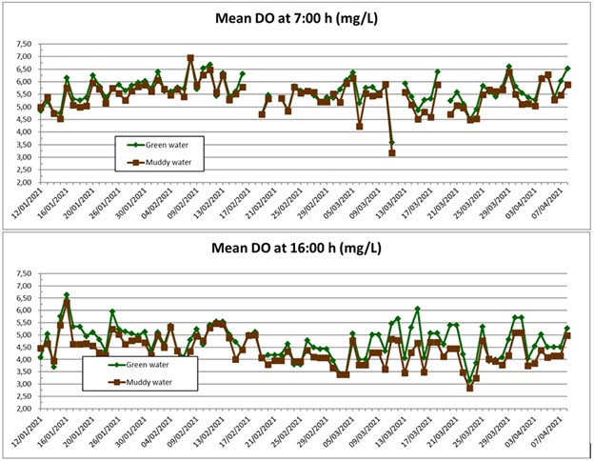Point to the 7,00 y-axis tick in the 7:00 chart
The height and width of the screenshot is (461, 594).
(23, 57)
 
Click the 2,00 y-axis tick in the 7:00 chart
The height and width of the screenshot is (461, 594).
(23, 182)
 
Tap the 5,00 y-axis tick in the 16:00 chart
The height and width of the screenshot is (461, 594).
(23, 335)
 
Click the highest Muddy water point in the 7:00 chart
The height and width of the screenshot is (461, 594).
(190, 58)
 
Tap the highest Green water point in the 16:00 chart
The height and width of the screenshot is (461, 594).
(67, 295)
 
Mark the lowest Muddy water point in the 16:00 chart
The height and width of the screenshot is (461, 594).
(469, 388)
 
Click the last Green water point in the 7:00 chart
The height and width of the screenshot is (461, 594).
(568, 69)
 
